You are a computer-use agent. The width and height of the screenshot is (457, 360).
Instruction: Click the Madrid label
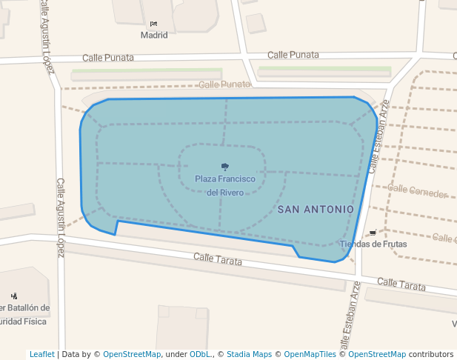154,35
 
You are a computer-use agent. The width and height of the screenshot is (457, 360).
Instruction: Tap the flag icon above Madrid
153,24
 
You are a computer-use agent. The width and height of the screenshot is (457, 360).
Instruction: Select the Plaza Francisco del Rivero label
225,185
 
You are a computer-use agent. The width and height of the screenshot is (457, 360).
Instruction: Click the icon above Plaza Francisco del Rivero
225,166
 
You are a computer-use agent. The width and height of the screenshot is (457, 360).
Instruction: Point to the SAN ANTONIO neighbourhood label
316,210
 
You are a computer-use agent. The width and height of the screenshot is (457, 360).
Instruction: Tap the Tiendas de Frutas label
373,244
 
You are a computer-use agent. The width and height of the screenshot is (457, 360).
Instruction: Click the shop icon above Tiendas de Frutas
372,233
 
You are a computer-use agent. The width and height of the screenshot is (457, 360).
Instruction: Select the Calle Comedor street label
417,193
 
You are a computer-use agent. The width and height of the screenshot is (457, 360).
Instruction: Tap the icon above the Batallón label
14,296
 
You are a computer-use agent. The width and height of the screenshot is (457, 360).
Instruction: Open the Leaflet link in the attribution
42,354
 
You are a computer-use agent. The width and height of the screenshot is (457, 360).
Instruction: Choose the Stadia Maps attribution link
249,354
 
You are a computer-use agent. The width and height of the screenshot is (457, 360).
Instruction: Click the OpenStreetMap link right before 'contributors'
377,354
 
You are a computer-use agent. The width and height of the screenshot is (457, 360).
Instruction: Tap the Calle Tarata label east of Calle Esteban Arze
401,284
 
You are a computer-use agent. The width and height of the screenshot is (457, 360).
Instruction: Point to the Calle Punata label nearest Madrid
108,57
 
